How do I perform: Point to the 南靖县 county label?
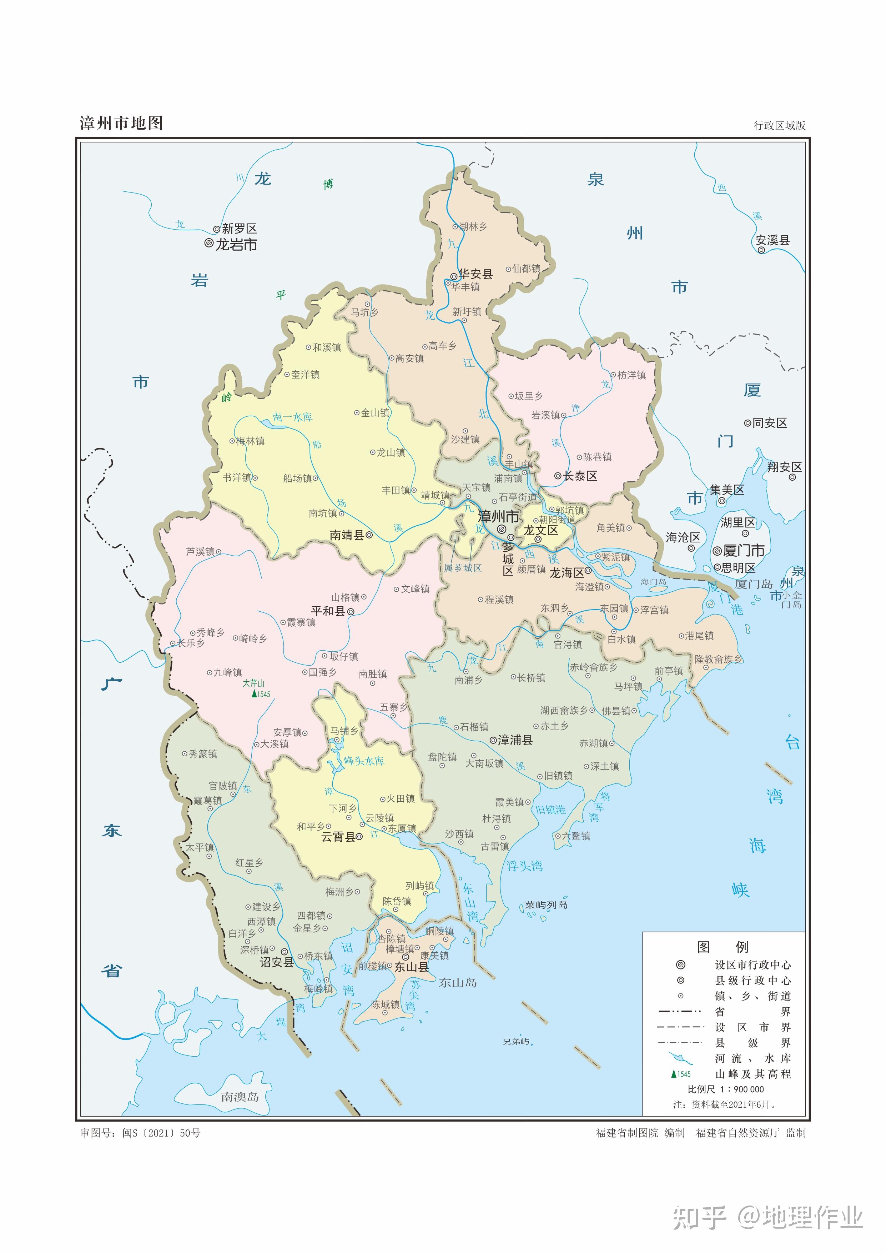(347, 535)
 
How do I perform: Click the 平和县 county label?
(328, 611)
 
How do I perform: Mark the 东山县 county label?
(411, 967)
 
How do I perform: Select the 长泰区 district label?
(580, 476)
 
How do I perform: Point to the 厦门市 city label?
(744, 550)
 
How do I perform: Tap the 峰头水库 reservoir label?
(364, 761)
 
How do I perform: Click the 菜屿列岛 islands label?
(546, 905)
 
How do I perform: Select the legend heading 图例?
(723, 947)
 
